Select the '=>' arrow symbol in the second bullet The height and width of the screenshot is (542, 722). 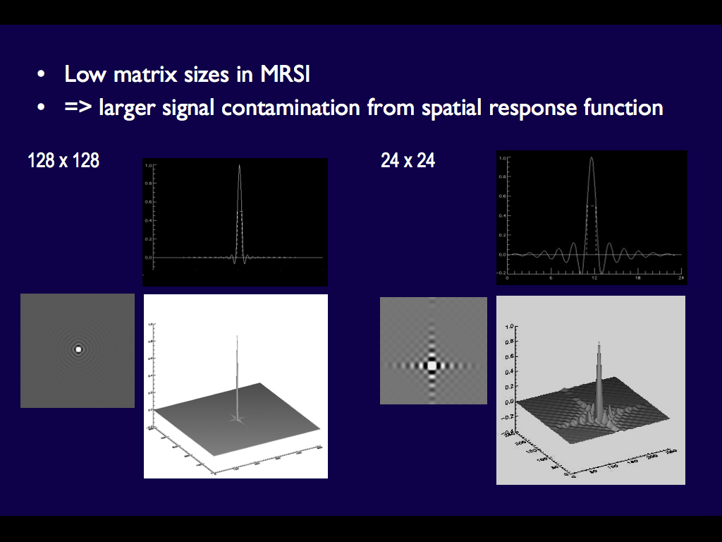click(x=78, y=108)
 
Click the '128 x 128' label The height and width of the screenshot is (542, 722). click(x=63, y=161)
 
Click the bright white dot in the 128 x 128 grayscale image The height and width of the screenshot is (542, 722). click(x=78, y=349)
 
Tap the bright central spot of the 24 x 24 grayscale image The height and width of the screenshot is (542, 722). click(x=432, y=366)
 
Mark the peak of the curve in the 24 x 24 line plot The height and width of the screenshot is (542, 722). click(x=592, y=158)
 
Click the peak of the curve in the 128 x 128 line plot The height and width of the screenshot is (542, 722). click(x=240, y=167)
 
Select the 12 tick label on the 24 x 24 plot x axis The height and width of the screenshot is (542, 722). click(x=594, y=278)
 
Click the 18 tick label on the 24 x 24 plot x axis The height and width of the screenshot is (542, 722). click(x=637, y=278)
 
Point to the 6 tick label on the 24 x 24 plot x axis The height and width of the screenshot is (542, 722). click(x=551, y=278)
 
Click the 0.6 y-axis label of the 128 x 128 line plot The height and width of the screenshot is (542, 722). click(x=147, y=203)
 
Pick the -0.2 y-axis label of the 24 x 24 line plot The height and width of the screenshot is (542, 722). click(x=502, y=272)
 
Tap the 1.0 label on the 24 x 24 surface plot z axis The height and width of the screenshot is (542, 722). click(x=508, y=327)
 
